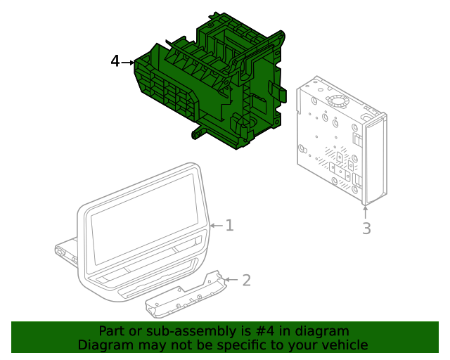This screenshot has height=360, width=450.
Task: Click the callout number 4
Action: point(115,62)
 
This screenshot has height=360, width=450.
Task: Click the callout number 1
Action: point(229,226)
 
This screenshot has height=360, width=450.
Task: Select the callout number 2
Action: point(246,281)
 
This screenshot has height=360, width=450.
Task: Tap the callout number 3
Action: point(366,229)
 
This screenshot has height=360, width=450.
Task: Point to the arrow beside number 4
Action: point(128,63)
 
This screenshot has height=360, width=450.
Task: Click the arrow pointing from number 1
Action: point(215,226)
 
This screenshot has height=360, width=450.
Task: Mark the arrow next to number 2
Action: point(233,281)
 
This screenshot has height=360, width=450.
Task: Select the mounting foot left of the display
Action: point(67,251)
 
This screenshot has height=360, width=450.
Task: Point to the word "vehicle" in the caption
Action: point(345,345)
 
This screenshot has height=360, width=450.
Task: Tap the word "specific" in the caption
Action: point(255,345)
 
